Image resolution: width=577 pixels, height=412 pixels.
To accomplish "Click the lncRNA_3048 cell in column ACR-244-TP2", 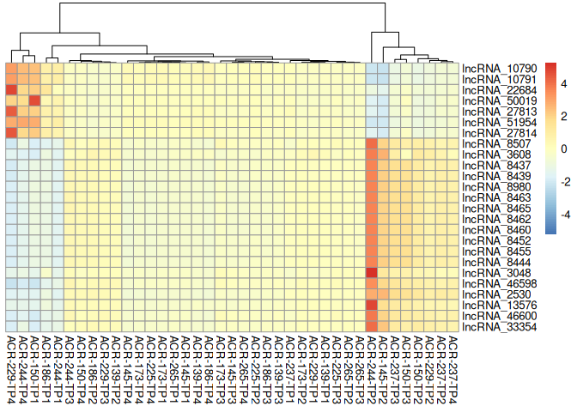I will point(372,272).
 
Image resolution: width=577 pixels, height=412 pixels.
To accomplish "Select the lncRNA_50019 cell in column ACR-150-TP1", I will point(35,100).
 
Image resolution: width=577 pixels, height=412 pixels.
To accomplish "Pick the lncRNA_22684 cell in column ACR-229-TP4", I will point(12,90).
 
